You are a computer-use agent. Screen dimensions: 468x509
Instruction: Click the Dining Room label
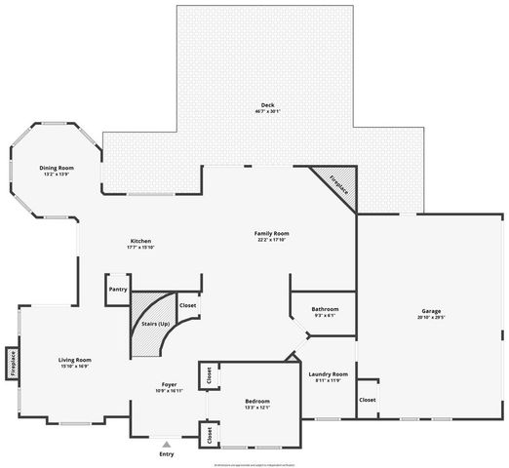(57, 168)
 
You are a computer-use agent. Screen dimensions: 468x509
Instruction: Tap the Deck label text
(267, 105)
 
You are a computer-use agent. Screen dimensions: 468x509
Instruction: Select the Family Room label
(272, 233)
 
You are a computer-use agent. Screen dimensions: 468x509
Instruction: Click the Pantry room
(118, 290)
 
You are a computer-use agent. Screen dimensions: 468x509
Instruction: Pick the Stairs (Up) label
(156, 323)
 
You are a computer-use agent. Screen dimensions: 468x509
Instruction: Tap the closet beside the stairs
(188, 306)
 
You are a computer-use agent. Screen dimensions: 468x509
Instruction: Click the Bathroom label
(325, 309)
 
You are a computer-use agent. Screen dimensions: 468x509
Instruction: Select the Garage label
(430, 311)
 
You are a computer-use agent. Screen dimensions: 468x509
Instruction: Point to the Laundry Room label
(328, 374)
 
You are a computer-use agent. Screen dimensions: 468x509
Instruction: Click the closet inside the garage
(368, 400)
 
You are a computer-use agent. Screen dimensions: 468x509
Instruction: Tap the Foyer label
(169, 385)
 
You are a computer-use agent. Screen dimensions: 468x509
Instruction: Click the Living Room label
(74, 360)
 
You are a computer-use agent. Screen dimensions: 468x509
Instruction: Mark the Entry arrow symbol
(167, 443)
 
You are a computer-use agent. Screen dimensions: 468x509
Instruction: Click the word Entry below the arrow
(167, 454)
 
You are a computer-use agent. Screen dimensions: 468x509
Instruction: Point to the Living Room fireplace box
(13, 364)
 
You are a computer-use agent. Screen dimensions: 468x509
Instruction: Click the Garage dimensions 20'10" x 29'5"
(430, 318)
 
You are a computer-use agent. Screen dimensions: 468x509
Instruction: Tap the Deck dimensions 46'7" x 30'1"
(267, 112)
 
